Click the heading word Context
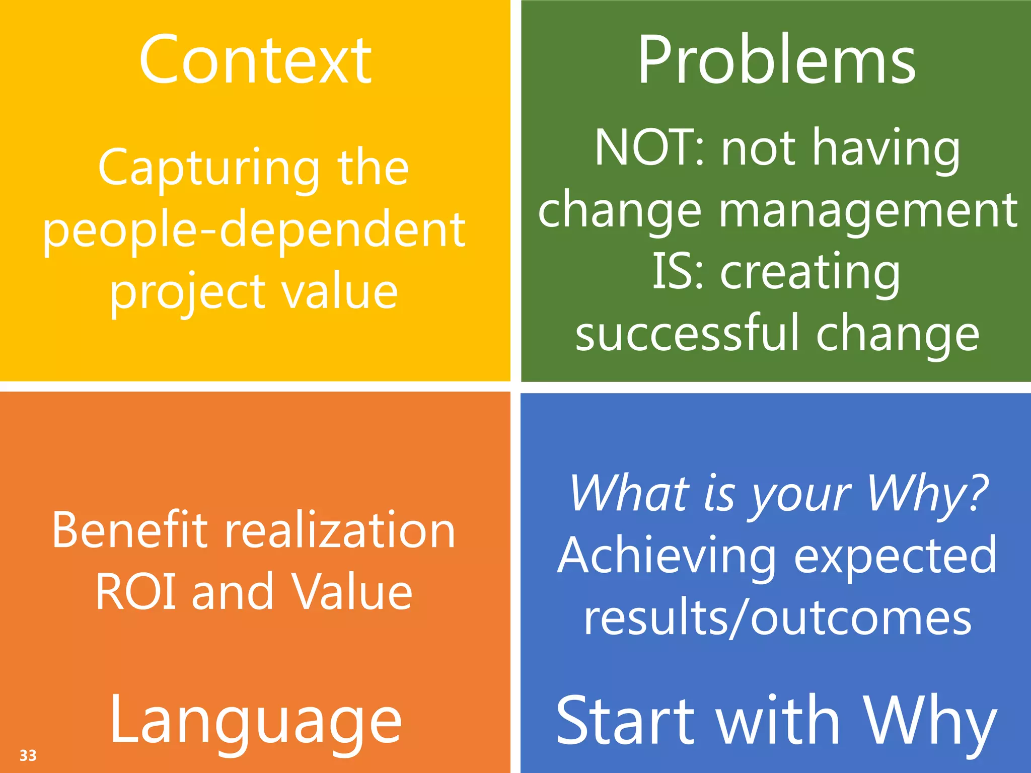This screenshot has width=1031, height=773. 255,60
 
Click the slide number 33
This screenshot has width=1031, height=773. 28,755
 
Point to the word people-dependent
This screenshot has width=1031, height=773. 254,230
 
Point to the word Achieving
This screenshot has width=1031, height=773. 667,556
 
